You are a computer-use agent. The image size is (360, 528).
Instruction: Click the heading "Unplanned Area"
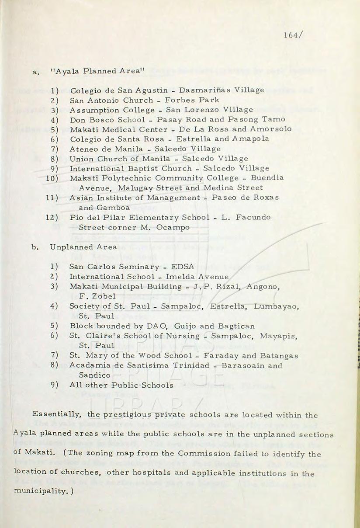83,247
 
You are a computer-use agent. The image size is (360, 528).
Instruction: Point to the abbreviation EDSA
183,267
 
